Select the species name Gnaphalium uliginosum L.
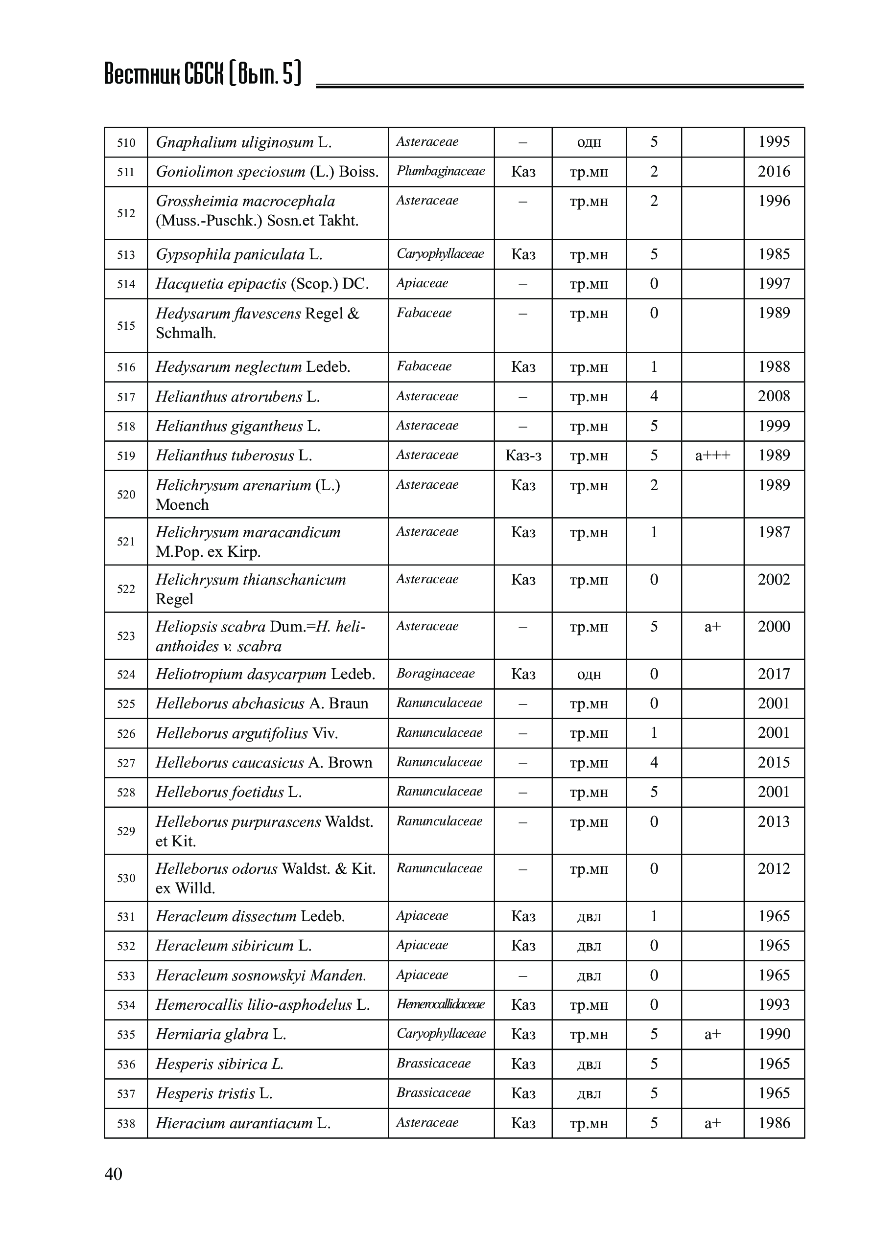[x=244, y=142]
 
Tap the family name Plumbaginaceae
[x=440, y=171]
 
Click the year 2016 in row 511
[x=774, y=172]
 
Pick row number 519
[x=126, y=455]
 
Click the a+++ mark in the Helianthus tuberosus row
[x=712, y=455]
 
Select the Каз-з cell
[x=523, y=455]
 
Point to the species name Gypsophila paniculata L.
[x=239, y=254]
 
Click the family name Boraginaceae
[x=435, y=674]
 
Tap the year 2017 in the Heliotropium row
[x=774, y=674]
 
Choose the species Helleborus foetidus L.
[x=229, y=792]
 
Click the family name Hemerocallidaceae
[x=440, y=1004]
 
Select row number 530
[x=126, y=878]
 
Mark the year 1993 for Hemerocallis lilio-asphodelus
[x=774, y=1004]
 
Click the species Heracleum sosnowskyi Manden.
[x=260, y=975]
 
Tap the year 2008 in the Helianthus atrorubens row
[x=774, y=396]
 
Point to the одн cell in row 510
[x=589, y=142]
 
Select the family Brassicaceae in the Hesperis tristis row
[x=433, y=1093]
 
